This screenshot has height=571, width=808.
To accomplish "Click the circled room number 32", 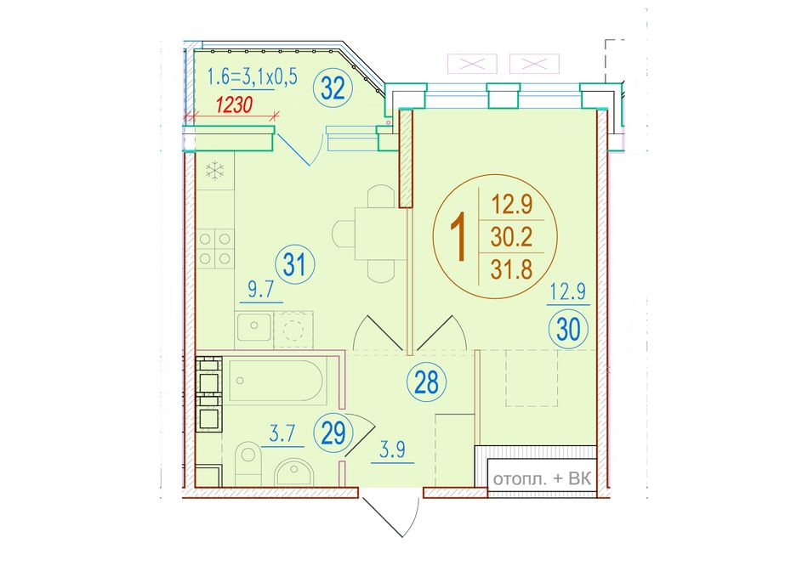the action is point(333,89).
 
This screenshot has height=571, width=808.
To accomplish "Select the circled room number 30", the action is point(568,330).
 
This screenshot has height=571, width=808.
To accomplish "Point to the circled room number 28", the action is point(426,382).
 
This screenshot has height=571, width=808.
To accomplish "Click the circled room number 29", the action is point(333,433).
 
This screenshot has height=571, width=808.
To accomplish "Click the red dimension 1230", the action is point(234,105).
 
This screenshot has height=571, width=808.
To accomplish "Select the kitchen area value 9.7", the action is point(261,291).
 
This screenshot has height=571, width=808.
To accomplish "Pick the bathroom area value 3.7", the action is point(282,435).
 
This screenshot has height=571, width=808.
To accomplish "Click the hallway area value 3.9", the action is point(393,450).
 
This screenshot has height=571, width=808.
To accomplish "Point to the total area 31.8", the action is point(511,269).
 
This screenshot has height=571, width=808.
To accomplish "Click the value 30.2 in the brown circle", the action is point(511,237).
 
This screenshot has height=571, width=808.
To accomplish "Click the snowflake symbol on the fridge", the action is point(215,171).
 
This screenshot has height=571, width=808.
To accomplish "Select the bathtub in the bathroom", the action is point(277,381).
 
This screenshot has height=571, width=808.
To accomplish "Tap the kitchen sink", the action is point(254,326).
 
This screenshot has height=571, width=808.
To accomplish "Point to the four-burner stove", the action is point(215,249).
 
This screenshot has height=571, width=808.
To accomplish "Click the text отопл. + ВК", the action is point(542,479).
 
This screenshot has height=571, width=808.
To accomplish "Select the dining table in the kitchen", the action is point(373,234).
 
